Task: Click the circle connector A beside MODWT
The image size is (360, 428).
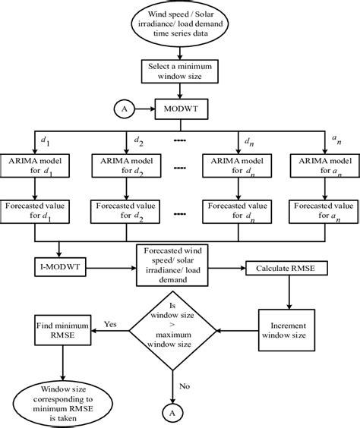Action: pyautogui.click(x=122, y=108)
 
